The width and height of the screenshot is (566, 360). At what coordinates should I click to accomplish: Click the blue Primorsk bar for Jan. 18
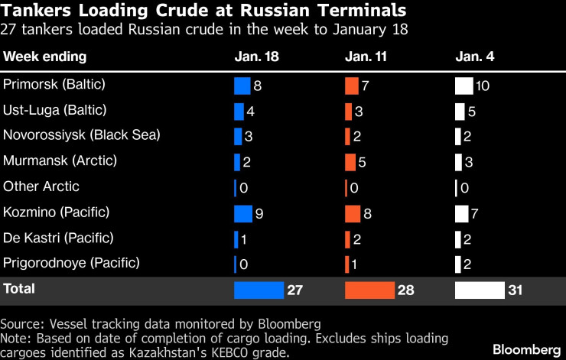[x=242, y=86]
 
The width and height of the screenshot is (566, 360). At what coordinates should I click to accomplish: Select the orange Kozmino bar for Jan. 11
[x=353, y=212]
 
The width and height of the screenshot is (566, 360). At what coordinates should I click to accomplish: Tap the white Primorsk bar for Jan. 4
[x=464, y=86]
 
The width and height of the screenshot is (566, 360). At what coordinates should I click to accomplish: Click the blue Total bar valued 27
[x=259, y=290]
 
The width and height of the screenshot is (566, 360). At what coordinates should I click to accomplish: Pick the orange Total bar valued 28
[x=369, y=290]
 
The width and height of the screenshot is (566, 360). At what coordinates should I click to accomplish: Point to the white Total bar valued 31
[x=480, y=290]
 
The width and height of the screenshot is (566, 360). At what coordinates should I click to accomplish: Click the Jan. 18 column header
[x=255, y=57]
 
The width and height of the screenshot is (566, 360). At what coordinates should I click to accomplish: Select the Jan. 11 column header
[x=365, y=57]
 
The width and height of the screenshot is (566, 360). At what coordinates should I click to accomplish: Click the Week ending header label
[x=45, y=57]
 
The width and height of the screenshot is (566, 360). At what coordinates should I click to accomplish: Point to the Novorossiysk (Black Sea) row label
[x=82, y=135]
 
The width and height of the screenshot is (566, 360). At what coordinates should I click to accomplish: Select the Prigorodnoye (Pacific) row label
[x=72, y=263]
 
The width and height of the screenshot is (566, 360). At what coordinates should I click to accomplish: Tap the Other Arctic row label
[x=41, y=186]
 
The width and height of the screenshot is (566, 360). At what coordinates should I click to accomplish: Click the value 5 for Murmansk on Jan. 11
[x=363, y=162]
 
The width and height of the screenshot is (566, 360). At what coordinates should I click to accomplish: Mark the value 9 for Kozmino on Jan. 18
[x=259, y=213]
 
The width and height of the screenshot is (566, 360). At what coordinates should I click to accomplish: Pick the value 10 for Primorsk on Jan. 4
[x=482, y=86]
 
